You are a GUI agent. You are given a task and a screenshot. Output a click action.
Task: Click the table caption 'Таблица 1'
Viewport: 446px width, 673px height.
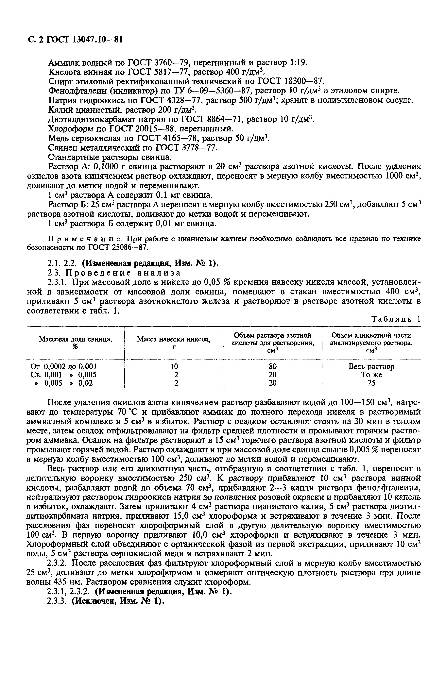tap(395, 319)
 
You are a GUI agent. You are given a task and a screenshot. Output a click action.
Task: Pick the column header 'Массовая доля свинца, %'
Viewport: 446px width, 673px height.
tap(75, 342)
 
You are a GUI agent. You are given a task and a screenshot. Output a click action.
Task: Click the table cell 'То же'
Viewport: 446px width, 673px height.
tap(371, 375)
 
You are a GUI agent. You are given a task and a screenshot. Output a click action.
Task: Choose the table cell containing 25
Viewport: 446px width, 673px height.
tap(371, 383)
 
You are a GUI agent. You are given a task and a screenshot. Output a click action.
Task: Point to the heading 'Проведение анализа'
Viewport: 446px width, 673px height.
tap(123, 273)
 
